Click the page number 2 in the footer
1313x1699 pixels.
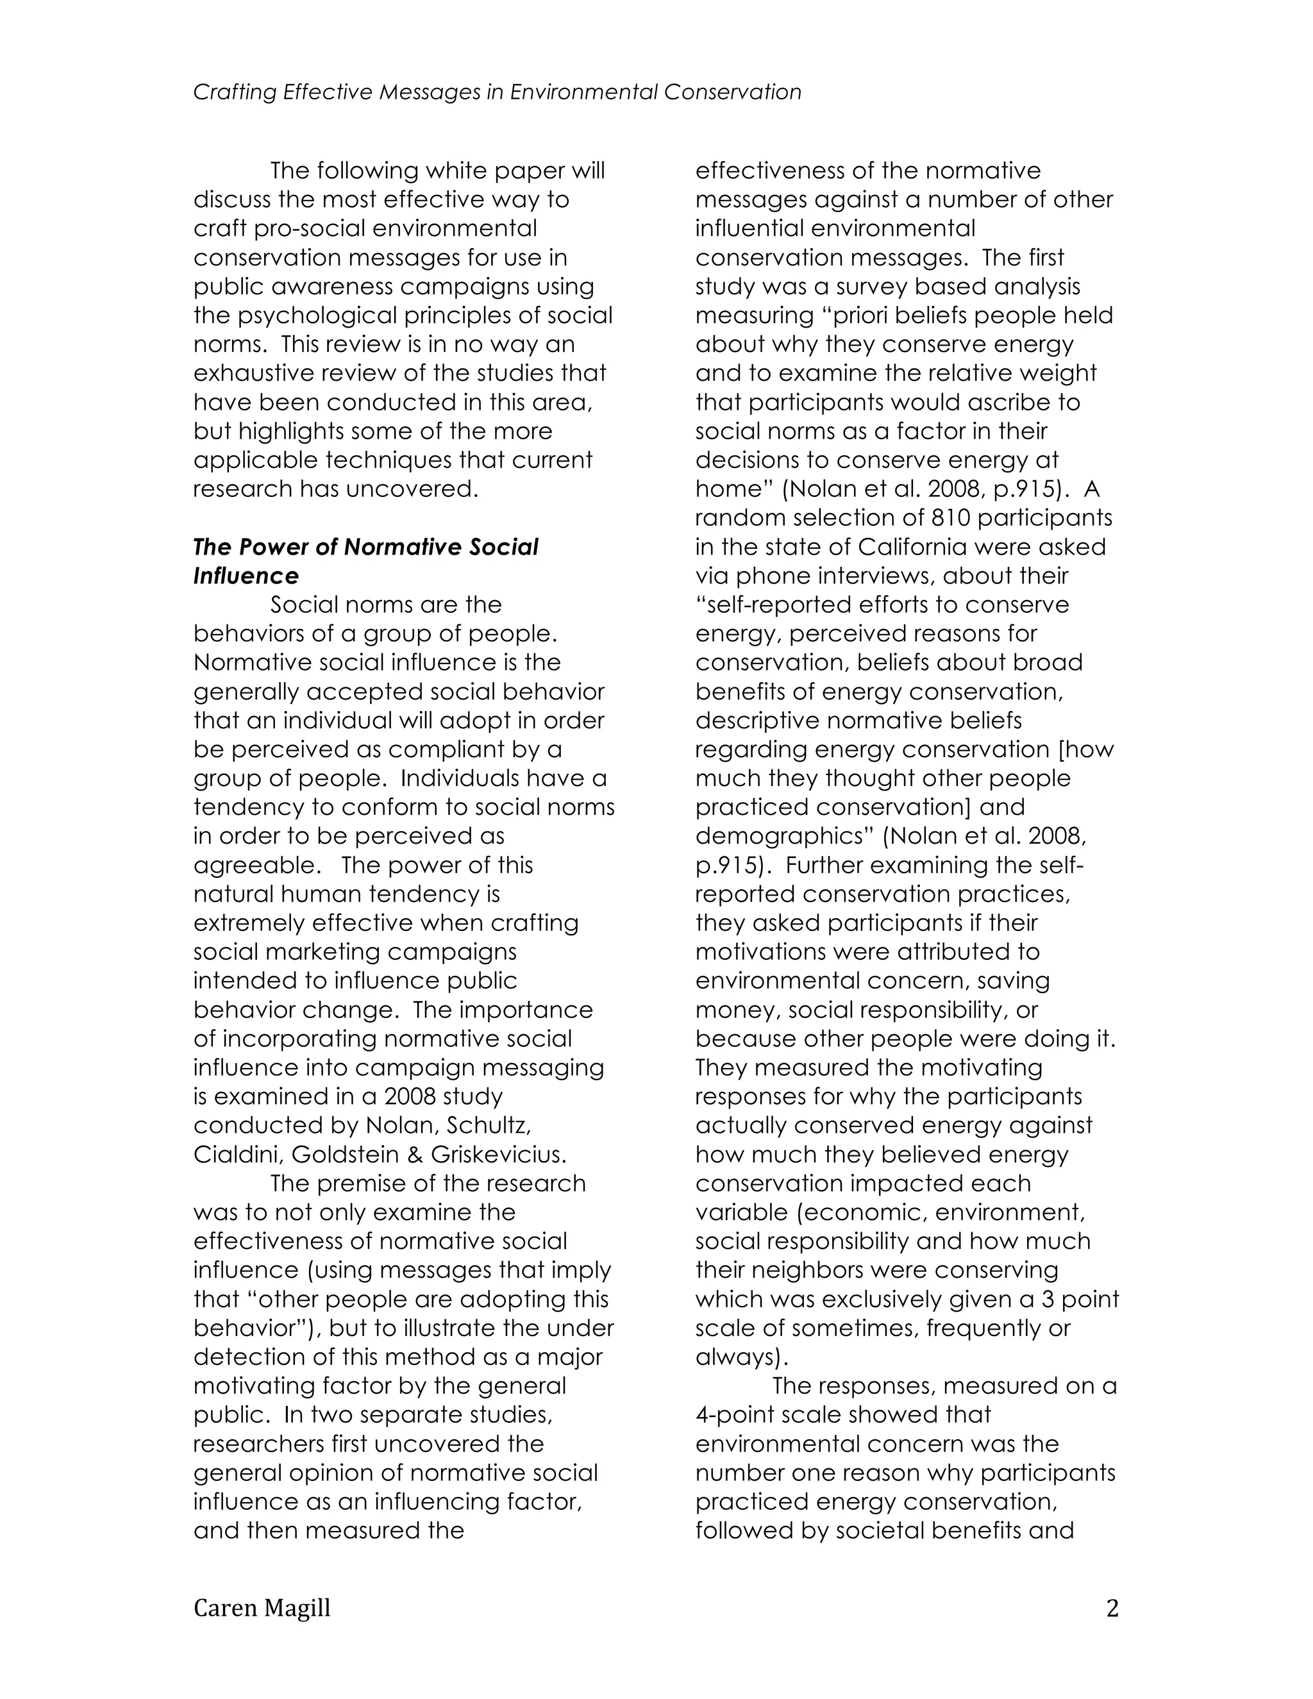pos(1112,1608)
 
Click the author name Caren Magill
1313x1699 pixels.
pos(262,1608)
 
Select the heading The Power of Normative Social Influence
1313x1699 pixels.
pos(365,560)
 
